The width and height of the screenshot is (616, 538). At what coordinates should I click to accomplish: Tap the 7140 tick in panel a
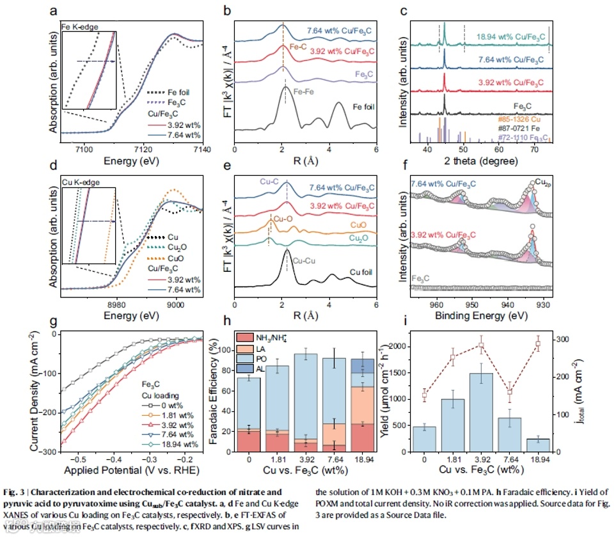(x=201, y=148)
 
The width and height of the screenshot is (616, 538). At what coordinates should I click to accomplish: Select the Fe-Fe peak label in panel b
(x=302, y=92)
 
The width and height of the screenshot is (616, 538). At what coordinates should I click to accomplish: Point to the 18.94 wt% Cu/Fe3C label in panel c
(x=503, y=36)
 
